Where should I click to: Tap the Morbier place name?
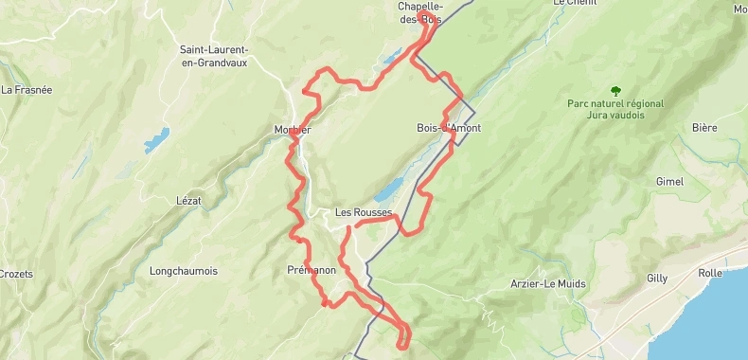292,130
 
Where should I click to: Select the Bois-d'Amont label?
443,128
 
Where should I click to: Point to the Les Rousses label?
364,213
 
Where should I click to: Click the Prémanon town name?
312,271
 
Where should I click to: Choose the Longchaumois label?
183,271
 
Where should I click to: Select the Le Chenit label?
572,4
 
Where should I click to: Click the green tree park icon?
615,91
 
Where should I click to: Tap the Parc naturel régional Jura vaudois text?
615,109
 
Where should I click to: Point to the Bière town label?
704,128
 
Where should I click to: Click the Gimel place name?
669,181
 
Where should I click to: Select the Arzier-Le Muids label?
547,283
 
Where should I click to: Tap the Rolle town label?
710,273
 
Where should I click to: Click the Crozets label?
16,274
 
